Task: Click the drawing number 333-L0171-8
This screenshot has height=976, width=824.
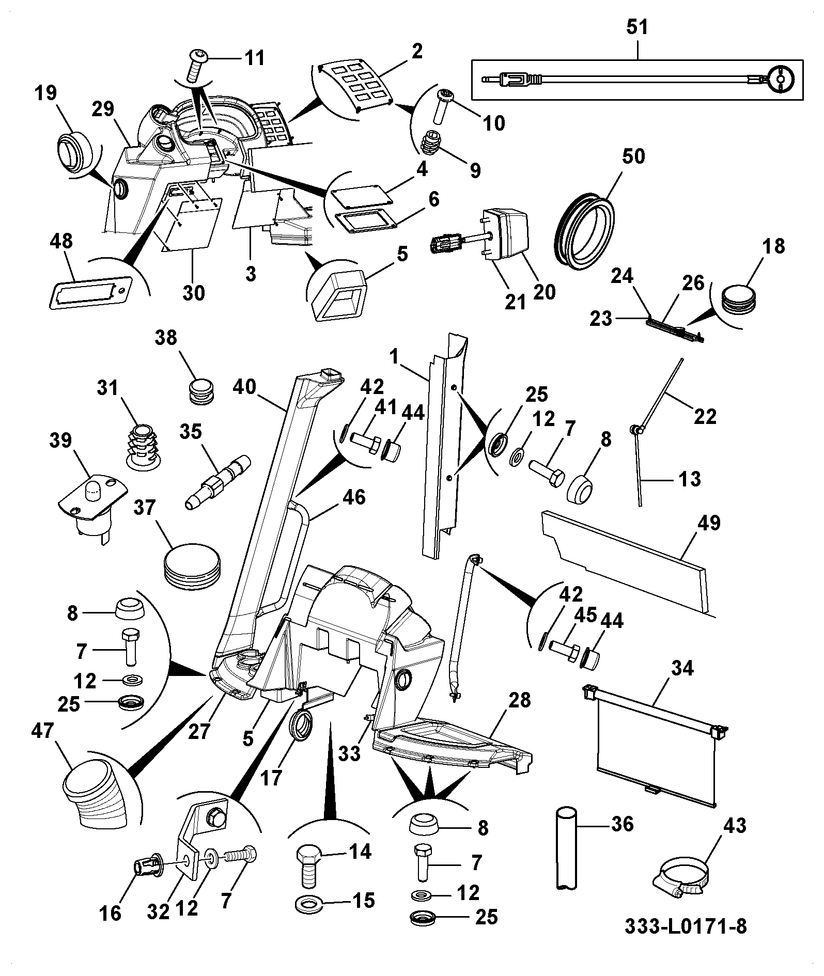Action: (685, 927)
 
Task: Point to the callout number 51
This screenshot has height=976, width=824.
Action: (637, 27)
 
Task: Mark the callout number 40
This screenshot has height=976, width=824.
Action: (244, 387)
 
